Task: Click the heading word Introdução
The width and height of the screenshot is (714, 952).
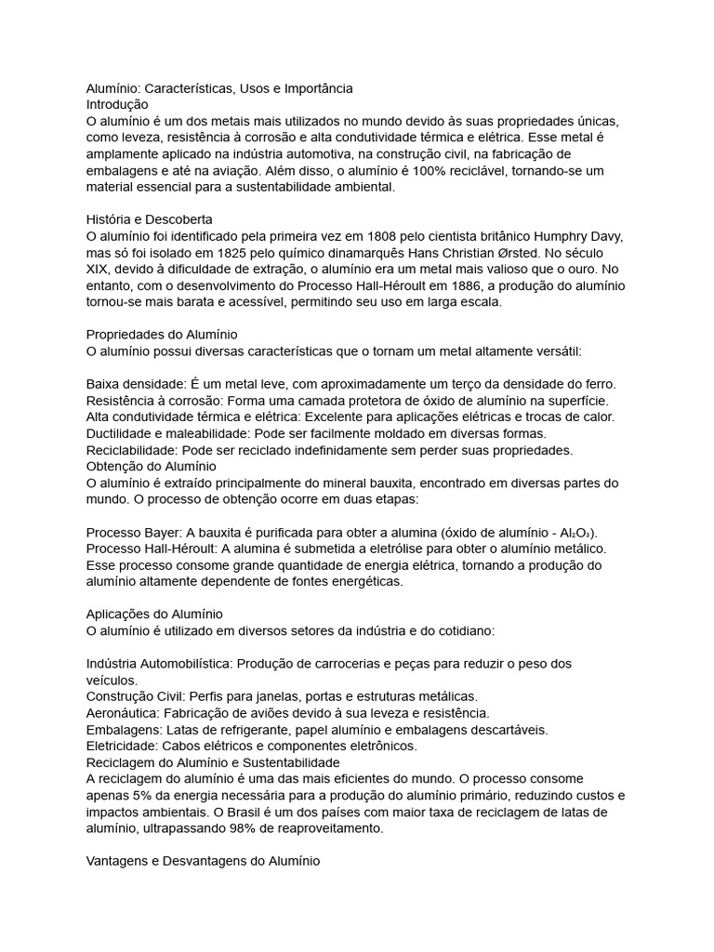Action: click(x=117, y=105)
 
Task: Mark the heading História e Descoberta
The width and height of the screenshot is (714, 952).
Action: click(x=150, y=219)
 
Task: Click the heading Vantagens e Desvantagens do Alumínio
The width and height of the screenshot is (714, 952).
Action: click(x=203, y=862)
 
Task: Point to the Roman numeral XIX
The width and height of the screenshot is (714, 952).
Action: click(x=99, y=270)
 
